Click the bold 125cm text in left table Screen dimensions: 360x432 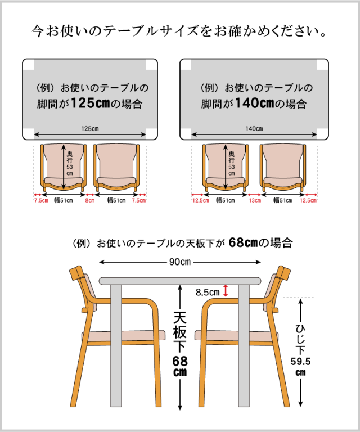(x=91, y=103)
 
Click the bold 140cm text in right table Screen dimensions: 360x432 (x=255, y=103)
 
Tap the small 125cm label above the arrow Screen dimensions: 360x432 (x=90, y=129)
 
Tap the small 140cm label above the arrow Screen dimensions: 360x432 (x=254, y=129)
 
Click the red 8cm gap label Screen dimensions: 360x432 (x=90, y=200)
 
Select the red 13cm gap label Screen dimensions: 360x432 (x=255, y=200)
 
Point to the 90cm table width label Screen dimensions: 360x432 (x=180, y=262)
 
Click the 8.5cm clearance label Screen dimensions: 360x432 (x=208, y=292)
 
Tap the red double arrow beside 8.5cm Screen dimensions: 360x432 (x=226, y=291)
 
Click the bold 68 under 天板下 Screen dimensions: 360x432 (x=180, y=361)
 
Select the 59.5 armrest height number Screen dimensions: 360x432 (x=300, y=361)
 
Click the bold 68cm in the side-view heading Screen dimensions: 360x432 (x=243, y=243)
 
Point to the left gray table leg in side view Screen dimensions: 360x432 (x=116, y=345)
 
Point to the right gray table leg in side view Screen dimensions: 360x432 (x=244, y=345)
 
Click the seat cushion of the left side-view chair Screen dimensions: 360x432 (x=123, y=336)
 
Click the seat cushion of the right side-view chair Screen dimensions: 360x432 (x=237, y=336)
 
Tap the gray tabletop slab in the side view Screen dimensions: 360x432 (x=180, y=281)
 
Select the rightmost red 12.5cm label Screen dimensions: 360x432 (x=308, y=200)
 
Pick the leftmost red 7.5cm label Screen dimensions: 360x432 (x=41, y=200)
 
